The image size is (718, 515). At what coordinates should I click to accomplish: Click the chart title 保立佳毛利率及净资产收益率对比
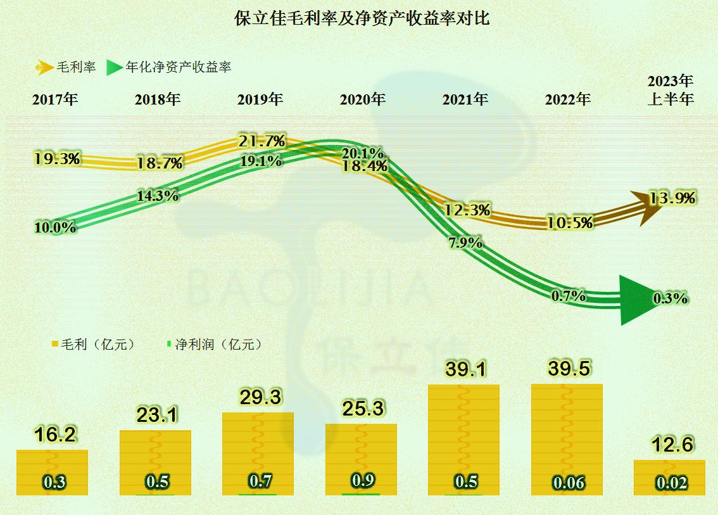(362, 18)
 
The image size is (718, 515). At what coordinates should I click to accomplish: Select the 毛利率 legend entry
(66, 67)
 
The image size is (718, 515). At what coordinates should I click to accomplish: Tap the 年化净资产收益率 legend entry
(169, 67)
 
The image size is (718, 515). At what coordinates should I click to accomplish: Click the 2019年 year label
(260, 99)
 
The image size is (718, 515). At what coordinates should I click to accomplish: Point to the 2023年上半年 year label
(671, 91)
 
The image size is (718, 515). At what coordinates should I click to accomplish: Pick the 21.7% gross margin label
(262, 141)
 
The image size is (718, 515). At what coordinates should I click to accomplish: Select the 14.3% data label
(157, 196)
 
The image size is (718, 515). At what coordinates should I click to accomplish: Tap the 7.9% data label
(465, 242)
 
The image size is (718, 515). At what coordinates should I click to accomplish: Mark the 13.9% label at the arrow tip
(672, 198)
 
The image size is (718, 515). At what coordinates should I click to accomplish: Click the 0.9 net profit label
(362, 481)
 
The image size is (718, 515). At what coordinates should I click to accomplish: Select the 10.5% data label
(571, 222)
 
